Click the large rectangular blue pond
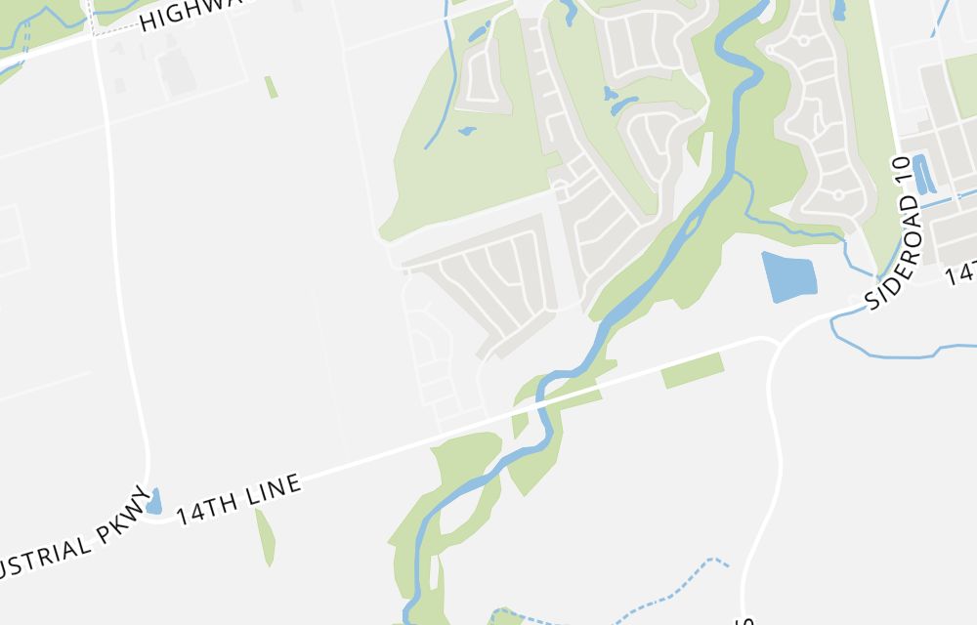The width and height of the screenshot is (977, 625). pyautogui.click(x=788, y=276)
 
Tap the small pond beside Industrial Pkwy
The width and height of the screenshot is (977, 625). pyautogui.click(x=153, y=502)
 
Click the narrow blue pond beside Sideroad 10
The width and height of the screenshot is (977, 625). pyautogui.click(x=922, y=173)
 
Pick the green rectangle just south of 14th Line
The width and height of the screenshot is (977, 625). pyautogui.click(x=693, y=370)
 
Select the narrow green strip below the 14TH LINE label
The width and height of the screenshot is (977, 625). pyautogui.click(x=265, y=536)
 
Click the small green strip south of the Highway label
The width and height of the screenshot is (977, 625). pyautogui.click(x=271, y=87)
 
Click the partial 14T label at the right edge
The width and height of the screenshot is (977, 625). pyautogui.click(x=961, y=271)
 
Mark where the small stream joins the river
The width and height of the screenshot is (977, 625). pyautogui.click(x=738, y=175)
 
